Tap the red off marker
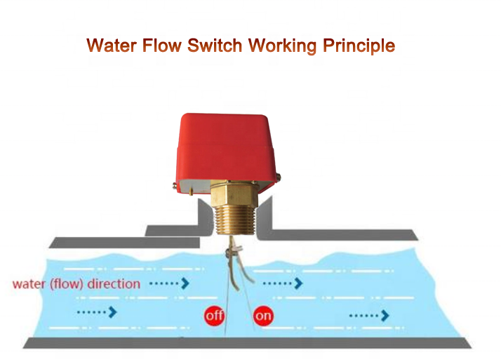pos(214,316)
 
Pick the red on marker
pos(263,316)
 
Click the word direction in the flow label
pos(114,284)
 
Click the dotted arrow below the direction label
pos(97,311)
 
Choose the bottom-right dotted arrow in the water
pos(369,316)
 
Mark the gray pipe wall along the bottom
pos(246,343)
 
